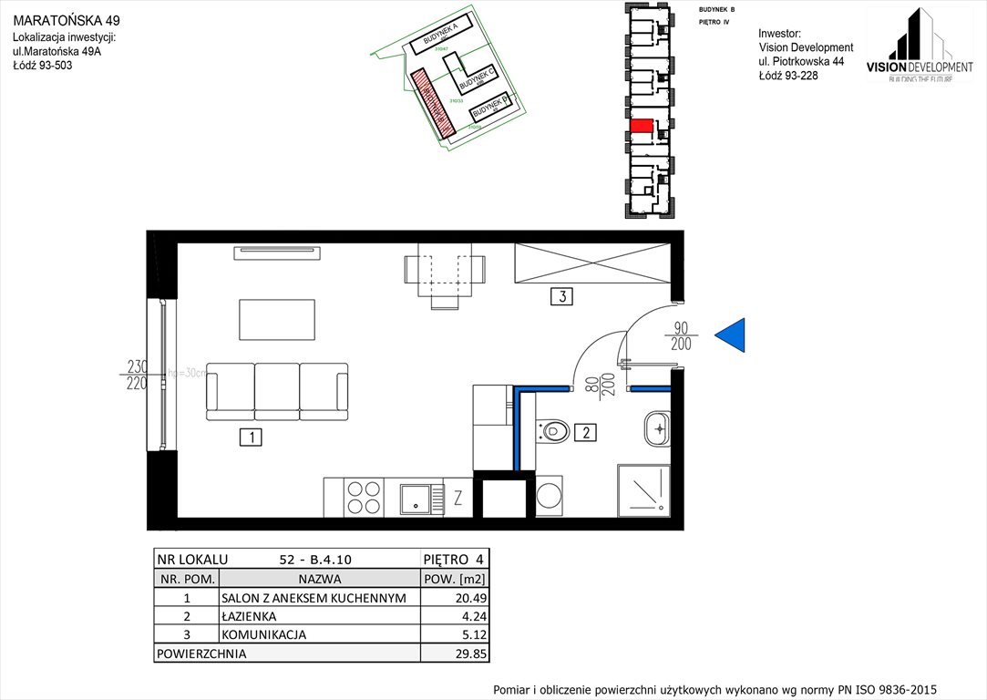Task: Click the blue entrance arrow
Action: tap(732, 335)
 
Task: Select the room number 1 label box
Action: tap(250, 437)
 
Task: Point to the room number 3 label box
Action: tap(563, 295)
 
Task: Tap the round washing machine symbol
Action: tap(550, 498)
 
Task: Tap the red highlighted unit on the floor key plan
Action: tap(642, 125)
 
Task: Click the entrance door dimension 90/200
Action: tap(681, 336)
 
